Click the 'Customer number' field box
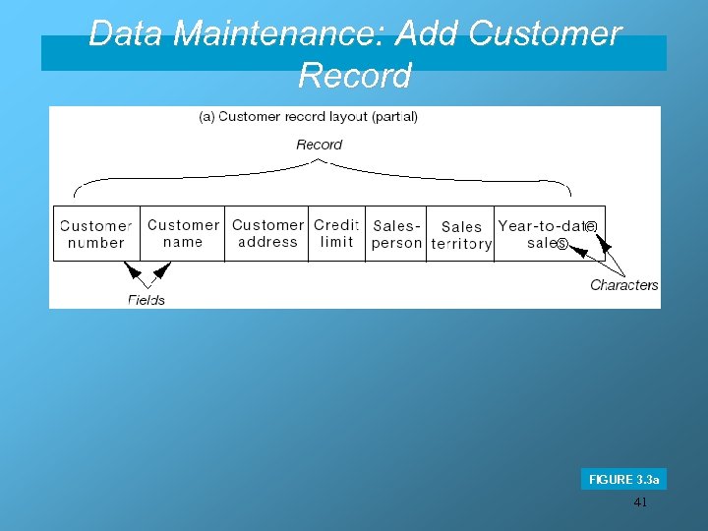point(96,233)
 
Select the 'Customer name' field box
point(183,233)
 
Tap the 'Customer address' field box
point(267,233)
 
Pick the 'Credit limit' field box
point(337,233)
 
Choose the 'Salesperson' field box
point(396,234)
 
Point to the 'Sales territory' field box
point(461,234)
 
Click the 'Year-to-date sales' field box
point(548,234)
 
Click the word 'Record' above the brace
point(320,145)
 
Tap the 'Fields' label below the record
point(147,299)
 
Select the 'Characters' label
point(623,285)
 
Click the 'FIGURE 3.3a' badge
point(623,479)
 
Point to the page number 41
point(640,502)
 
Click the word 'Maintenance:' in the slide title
point(279,33)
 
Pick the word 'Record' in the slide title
point(354,75)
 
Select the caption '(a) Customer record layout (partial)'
point(308,116)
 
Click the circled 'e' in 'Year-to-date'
point(590,226)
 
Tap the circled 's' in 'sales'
point(562,243)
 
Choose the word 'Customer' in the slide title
point(545,33)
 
